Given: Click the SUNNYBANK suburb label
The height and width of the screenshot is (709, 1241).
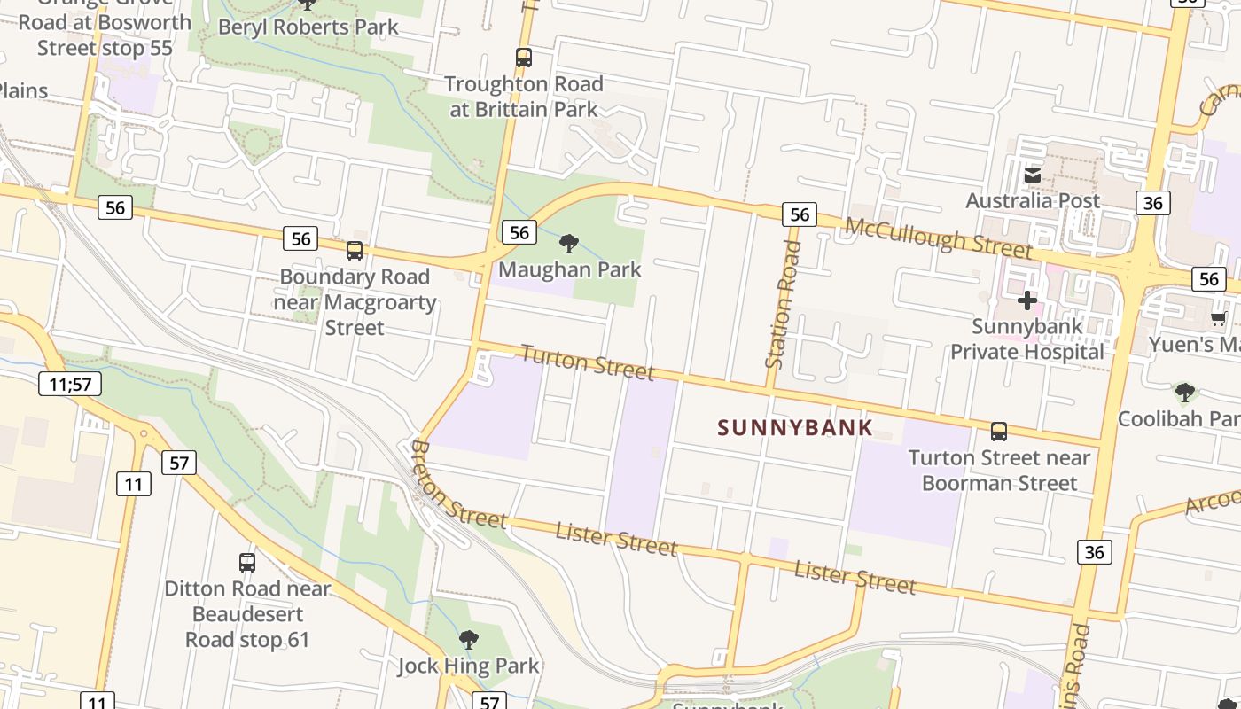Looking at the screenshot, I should pos(795,427).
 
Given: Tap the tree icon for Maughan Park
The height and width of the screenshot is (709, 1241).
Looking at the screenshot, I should pos(569,243).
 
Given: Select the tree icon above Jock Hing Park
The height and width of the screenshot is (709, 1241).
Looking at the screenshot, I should pos(468,639).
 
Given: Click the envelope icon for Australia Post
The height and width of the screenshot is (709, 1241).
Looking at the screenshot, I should pos(1033,175).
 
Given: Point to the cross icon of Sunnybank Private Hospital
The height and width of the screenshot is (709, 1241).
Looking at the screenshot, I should pos(1027,300).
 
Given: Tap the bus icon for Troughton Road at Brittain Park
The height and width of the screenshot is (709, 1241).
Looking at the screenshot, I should pos(524,58).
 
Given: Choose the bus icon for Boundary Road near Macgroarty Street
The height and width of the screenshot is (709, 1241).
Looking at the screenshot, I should pos(355,251).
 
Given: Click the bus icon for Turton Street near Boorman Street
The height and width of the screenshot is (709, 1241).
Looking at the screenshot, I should pos(999,432).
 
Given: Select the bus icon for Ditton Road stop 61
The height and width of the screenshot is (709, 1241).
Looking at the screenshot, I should pos(247,562).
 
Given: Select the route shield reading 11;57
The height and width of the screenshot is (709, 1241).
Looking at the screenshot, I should pos(70,384).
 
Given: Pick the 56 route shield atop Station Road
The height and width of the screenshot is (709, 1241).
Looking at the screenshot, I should pos(799,214).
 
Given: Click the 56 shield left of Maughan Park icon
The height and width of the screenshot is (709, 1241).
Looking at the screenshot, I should pos(519,232).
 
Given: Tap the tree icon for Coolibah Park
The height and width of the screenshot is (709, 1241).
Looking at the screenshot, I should pos(1184,392).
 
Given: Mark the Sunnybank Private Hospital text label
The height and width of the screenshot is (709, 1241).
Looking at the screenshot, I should pos(1027,339).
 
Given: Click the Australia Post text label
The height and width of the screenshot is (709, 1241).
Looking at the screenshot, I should pos(1033,201).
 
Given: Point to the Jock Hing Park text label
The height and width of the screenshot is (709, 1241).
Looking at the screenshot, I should pos(468,666).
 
